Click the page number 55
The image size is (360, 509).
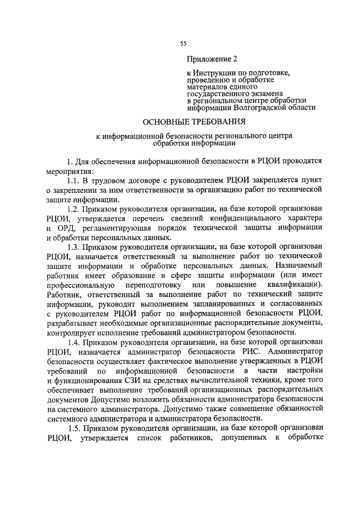click(183, 44)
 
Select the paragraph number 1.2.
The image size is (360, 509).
click(74, 209)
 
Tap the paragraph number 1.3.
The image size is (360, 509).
click(74, 247)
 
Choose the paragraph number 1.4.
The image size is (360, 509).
click(74, 342)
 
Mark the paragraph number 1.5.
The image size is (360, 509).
click(74, 427)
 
